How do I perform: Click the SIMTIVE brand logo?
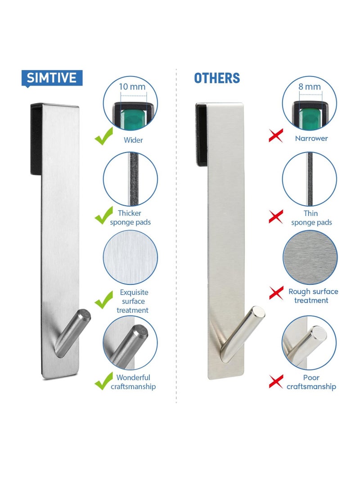(52, 78)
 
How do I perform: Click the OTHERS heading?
(217, 78)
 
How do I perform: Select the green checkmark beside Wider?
(103, 136)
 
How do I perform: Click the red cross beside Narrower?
(275, 135)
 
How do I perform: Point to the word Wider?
(133, 140)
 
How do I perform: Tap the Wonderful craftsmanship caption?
(133, 382)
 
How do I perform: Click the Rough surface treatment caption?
(313, 296)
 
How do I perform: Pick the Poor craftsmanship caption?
(311, 382)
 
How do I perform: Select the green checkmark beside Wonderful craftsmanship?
(103, 382)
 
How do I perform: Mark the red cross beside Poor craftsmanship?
(275, 382)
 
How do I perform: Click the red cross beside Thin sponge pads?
(275, 217)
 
